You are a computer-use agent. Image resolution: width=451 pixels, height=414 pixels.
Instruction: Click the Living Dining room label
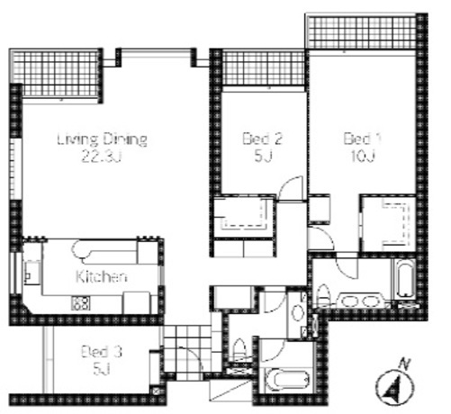pyautogui.click(x=102, y=139)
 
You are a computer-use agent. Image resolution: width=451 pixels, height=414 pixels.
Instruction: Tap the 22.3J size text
pyautogui.click(x=102, y=157)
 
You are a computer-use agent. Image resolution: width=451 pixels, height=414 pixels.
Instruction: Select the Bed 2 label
pyautogui.click(x=262, y=139)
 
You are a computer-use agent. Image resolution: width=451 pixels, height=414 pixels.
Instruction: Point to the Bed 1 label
pyautogui.click(x=362, y=139)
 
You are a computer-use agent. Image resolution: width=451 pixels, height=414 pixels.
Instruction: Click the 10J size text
pyautogui.click(x=363, y=156)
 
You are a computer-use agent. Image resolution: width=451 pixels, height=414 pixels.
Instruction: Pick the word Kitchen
pyautogui.click(x=101, y=276)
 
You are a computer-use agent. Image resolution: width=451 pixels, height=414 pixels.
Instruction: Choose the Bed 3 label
pyautogui.click(x=102, y=352)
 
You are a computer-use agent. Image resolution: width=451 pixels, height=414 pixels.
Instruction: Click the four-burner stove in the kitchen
pyautogui.click(x=80, y=303)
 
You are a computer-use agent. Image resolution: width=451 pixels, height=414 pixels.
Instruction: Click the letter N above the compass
pyautogui.click(x=405, y=364)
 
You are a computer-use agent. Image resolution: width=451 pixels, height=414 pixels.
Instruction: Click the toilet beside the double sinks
pyautogui.click(x=323, y=294)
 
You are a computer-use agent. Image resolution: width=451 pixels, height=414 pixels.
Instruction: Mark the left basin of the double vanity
pyautogui.click(x=347, y=301)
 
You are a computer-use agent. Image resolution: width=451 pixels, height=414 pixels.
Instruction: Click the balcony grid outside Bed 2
pyautogui.click(x=263, y=68)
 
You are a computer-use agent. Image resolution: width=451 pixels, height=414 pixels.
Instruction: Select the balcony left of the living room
pyautogui.click(x=56, y=75)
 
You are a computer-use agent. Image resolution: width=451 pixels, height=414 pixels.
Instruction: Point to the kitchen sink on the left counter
pyautogui.click(x=32, y=273)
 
